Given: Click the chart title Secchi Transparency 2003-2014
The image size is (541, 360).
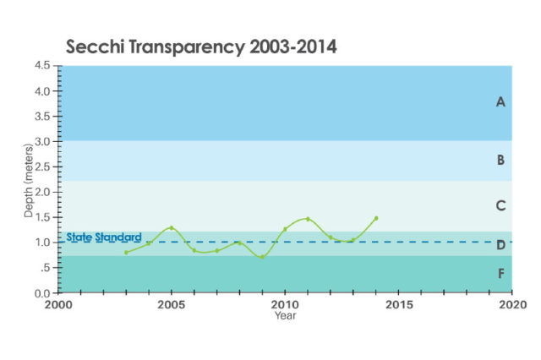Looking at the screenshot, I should [x=201, y=47].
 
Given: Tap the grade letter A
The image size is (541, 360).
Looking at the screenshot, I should [x=500, y=102].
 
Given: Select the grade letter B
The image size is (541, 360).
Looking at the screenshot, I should [x=500, y=160].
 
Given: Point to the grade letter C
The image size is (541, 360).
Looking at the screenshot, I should [x=500, y=205].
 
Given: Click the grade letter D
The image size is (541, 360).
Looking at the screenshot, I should [x=500, y=245].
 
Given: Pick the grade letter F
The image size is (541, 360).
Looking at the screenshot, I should [x=500, y=274].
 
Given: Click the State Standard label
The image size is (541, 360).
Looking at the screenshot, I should [x=103, y=237].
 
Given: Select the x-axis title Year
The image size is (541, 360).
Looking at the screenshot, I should [x=285, y=316].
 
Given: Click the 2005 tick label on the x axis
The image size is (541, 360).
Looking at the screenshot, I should [x=172, y=304].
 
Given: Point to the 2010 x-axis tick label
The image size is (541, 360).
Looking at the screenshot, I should [x=285, y=304].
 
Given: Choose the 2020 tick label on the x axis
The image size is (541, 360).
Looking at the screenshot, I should [x=511, y=304].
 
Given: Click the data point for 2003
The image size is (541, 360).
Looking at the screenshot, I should [x=126, y=253].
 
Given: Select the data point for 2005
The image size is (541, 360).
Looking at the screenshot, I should [x=172, y=227].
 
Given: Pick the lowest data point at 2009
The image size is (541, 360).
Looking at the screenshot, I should [x=262, y=257].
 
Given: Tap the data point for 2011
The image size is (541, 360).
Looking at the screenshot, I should [x=308, y=219].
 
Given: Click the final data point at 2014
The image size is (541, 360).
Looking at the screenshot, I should [x=376, y=218].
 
